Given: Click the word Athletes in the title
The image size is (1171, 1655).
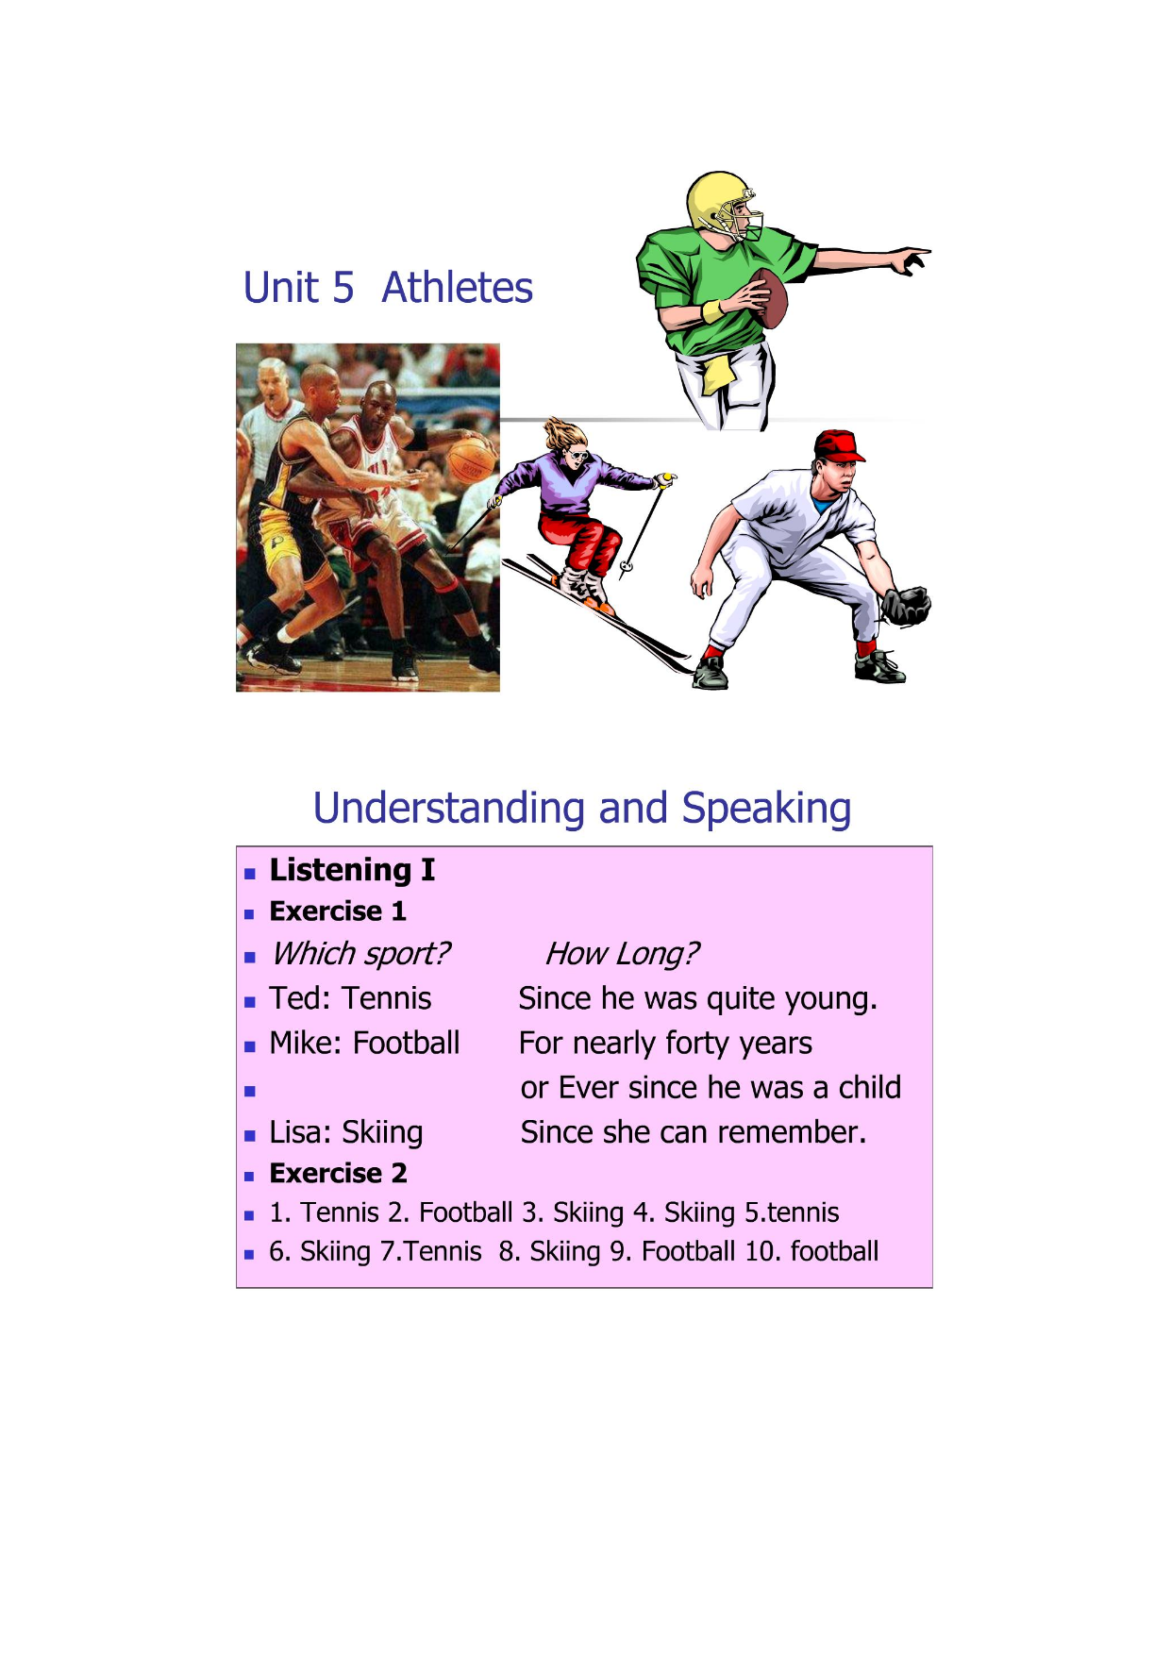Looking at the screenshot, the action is point(457,288).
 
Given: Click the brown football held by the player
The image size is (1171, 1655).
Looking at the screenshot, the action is point(771,298).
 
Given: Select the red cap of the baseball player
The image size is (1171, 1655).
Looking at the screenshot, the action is point(838,445).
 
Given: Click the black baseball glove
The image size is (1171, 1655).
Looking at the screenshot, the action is point(906,606).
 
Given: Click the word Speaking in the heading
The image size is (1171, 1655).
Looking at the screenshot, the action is point(766,809).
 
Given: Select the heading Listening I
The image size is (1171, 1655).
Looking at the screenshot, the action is point(352,870).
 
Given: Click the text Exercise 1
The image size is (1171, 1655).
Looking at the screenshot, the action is point(338,911).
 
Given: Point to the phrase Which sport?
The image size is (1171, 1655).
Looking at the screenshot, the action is point(360,954).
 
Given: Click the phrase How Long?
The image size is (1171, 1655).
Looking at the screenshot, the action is point(622,954).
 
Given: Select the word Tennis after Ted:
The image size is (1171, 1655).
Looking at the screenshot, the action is point(387,998).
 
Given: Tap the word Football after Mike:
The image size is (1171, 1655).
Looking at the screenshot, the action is point(407,1043).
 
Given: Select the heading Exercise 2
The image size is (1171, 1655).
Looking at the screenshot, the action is point(338,1174).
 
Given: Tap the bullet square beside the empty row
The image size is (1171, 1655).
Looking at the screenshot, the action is point(250,1092).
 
